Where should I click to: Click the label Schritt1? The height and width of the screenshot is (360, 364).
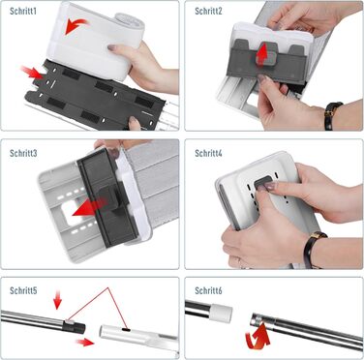(23, 11)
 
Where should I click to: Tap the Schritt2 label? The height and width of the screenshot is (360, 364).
(208, 11)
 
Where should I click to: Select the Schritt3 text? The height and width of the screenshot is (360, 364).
(23, 153)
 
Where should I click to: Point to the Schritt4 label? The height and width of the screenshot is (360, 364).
(208, 153)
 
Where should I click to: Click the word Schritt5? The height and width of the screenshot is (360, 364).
(23, 290)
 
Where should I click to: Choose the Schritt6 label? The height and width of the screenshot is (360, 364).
(208, 290)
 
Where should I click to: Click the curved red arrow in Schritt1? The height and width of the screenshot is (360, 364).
(76, 26)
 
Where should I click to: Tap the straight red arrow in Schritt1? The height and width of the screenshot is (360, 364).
(32, 73)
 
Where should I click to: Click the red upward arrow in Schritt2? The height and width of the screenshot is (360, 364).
(263, 53)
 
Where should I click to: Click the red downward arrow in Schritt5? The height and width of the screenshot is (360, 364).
(57, 299)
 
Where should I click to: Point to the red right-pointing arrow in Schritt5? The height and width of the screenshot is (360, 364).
(85, 343)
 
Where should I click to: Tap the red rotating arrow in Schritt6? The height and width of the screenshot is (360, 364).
(258, 337)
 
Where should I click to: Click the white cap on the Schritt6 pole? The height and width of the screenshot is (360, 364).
(221, 313)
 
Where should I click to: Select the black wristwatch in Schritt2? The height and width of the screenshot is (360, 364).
(332, 115)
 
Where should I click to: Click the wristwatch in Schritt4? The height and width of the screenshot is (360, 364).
(313, 249)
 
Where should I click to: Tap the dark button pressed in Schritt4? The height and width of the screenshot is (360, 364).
(264, 183)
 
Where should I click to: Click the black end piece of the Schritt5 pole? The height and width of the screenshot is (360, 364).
(74, 327)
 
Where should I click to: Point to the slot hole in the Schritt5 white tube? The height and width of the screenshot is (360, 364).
(126, 330)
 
